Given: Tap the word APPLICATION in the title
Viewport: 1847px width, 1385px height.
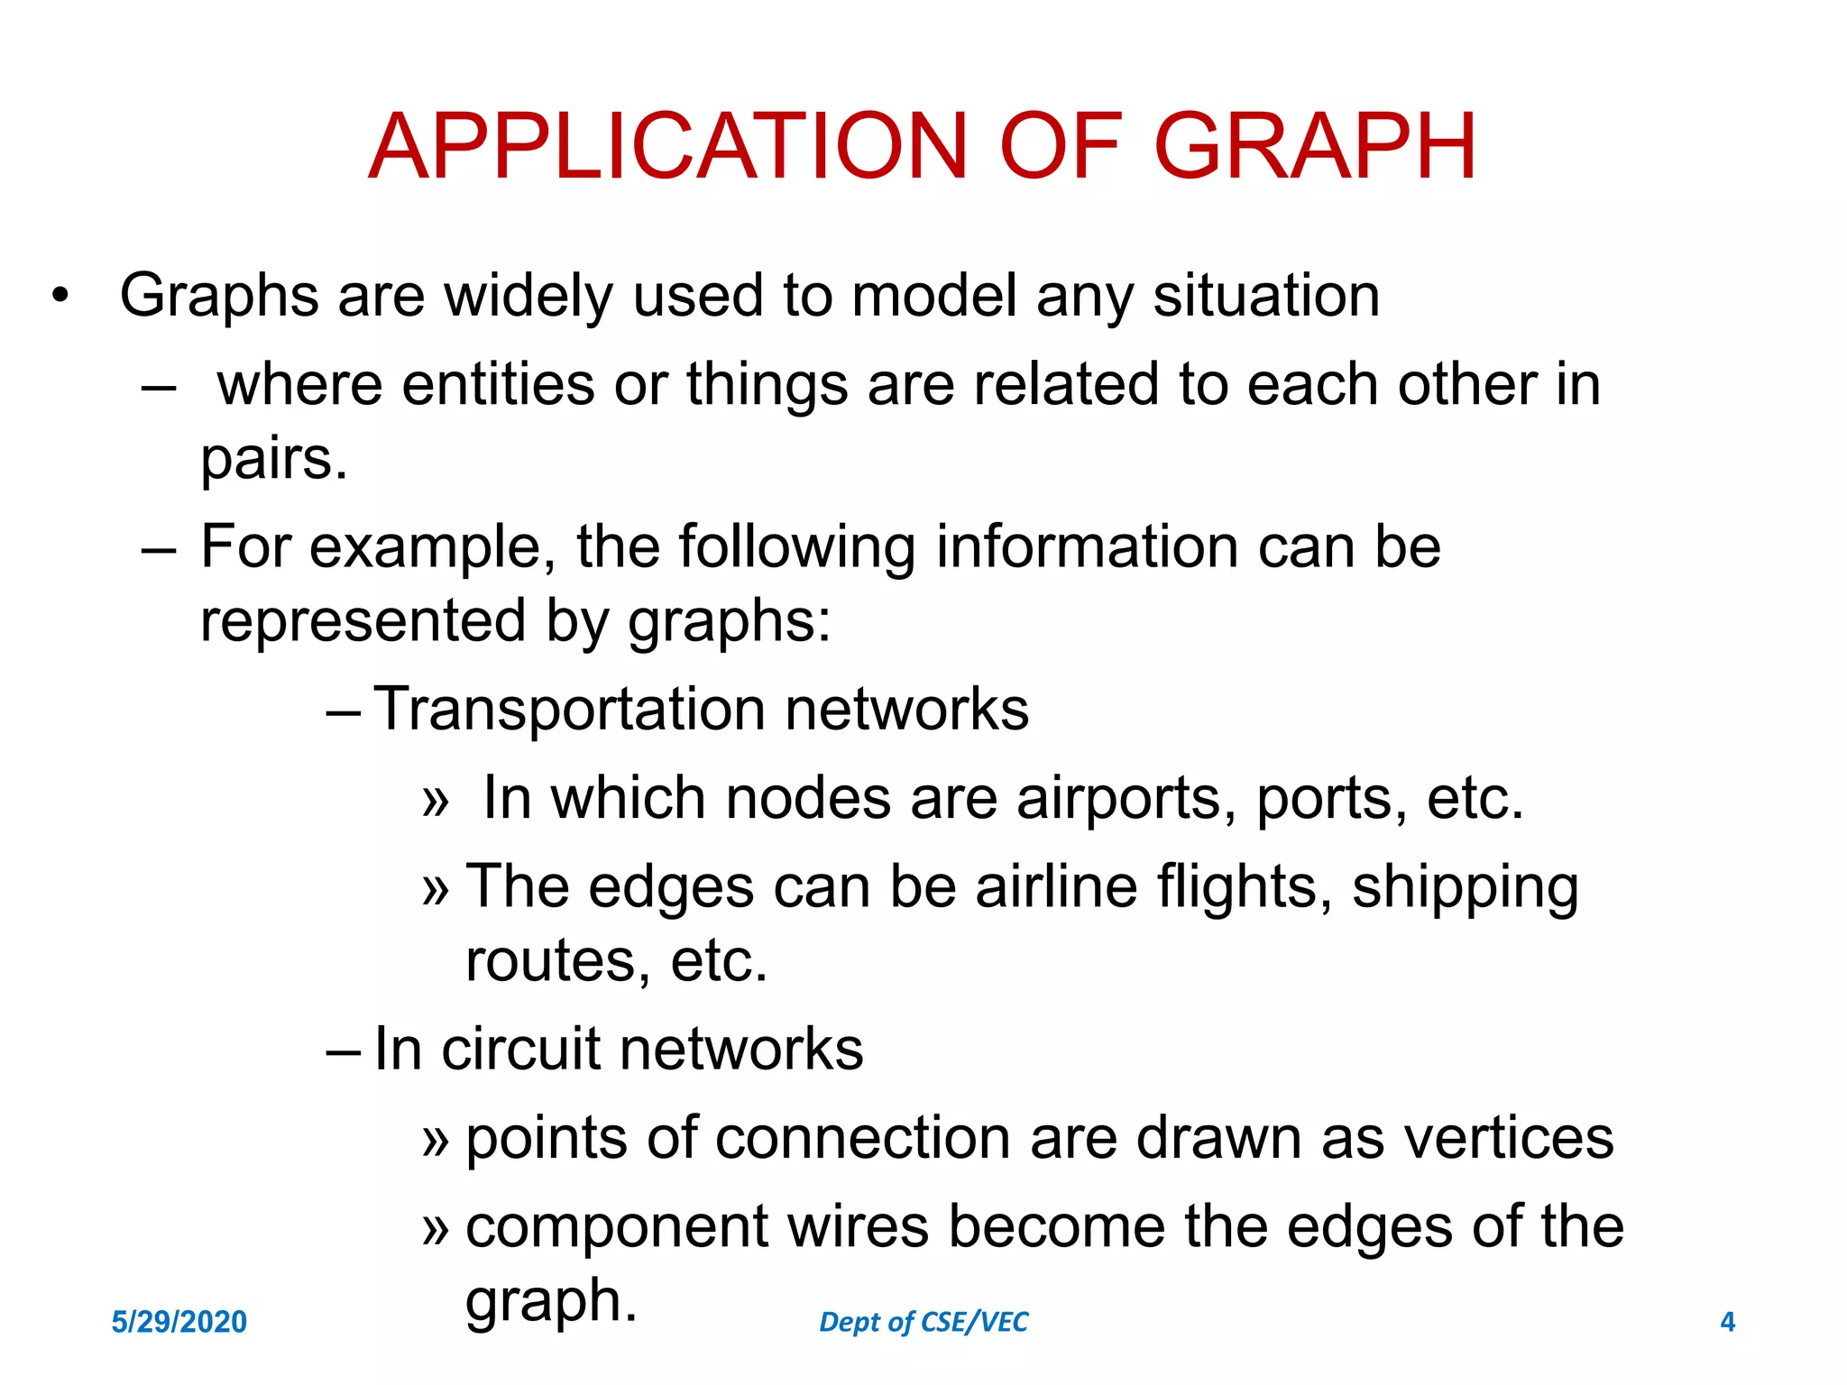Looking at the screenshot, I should click(x=668, y=146).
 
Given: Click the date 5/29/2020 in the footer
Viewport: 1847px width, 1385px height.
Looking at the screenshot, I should click(x=179, y=1322).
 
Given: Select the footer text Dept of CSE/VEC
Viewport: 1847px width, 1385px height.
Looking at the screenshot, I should click(x=923, y=1322).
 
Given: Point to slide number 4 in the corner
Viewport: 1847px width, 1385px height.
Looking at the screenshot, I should click(x=1727, y=1322).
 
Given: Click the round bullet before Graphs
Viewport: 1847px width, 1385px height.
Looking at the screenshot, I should click(x=60, y=296).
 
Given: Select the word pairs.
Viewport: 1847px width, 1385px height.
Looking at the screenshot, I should click(x=273, y=459).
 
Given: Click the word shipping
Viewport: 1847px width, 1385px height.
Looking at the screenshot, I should click(x=1465, y=887).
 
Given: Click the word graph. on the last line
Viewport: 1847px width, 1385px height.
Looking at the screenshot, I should click(x=551, y=1301).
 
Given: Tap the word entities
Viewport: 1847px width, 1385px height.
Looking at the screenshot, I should click(x=498, y=385).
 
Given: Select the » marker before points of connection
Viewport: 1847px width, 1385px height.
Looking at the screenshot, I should click(x=435, y=1140).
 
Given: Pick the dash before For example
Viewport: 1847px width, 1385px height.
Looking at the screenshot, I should click(x=159, y=548).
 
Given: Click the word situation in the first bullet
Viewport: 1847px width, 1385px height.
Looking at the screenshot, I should click(x=1266, y=296).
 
